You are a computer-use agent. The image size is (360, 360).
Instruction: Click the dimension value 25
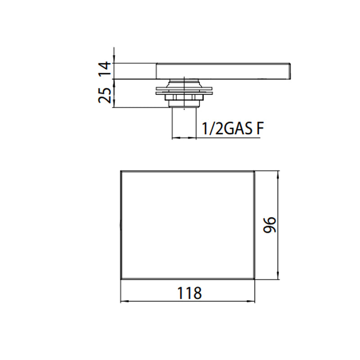(x=105, y=95)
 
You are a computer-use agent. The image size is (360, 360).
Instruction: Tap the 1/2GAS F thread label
(x=232, y=128)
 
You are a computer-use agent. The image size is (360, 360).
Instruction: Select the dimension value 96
(x=270, y=225)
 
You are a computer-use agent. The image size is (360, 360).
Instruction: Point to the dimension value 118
(x=189, y=293)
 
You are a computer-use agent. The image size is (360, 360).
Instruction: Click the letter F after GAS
(x=260, y=128)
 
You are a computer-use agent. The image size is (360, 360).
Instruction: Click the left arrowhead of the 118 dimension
(x=124, y=301)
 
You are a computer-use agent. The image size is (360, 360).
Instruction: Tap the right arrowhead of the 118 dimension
(x=251, y=301)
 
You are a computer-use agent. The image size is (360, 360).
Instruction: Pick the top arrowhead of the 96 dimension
(x=278, y=175)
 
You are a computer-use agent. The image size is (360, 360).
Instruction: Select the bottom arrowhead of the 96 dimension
(x=278, y=275)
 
